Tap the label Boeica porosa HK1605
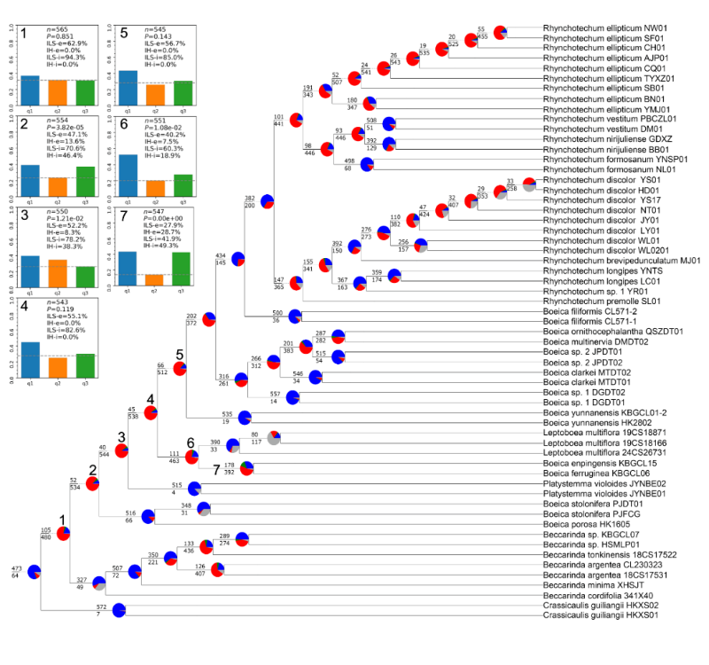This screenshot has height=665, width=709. point(580,525)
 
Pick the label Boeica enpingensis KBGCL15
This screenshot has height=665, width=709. point(595,463)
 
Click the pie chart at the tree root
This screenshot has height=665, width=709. point(34,573)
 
